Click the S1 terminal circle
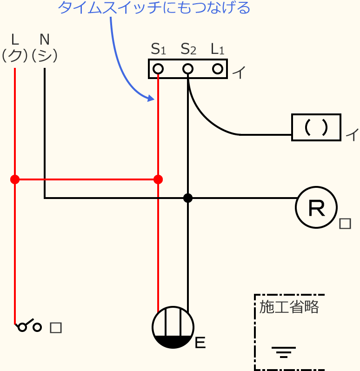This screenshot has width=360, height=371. click(x=158, y=69)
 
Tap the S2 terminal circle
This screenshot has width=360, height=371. click(x=188, y=69)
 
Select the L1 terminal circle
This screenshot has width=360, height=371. click(x=218, y=69)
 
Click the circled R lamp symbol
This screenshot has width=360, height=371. click(x=316, y=208)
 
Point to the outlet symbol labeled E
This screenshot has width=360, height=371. click(x=173, y=327)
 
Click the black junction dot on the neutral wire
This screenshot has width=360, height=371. click(x=188, y=198)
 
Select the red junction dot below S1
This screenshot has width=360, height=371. click(x=158, y=179)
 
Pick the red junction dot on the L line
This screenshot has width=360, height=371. click(x=15, y=179)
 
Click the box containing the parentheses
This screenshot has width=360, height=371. click(x=316, y=127)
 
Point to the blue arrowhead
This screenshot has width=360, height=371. click(x=150, y=98)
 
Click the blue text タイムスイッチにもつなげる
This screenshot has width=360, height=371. click(x=154, y=8)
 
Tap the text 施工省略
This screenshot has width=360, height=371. click(x=289, y=307)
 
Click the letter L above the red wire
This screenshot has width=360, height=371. click(x=15, y=38)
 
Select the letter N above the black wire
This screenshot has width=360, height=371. click(x=45, y=38)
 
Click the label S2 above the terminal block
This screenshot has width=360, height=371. click(x=188, y=48)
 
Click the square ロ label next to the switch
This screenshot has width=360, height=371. click(x=55, y=328)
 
